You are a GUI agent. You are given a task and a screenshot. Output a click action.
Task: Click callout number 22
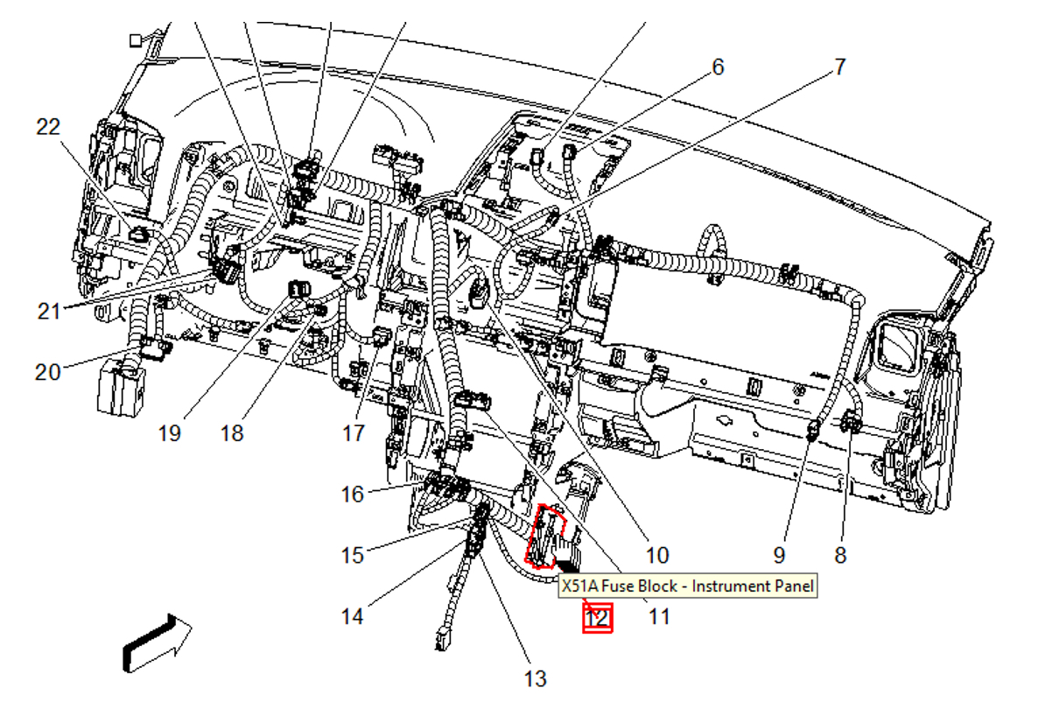click(48, 127)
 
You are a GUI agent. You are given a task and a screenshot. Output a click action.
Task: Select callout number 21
click(49, 310)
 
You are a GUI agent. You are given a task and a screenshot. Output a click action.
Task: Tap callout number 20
click(48, 372)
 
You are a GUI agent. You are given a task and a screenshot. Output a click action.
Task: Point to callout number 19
click(169, 432)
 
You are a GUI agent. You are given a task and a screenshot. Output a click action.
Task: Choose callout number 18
click(232, 432)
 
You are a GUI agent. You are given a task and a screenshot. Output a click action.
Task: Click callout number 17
click(353, 432)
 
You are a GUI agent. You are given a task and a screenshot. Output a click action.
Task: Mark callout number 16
click(352, 495)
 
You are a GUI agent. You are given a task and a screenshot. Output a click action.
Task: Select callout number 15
click(352, 556)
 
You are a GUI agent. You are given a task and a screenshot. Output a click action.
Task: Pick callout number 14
click(352, 617)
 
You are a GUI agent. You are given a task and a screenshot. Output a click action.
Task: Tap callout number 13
click(535, 678)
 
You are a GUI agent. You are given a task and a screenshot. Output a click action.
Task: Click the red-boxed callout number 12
click(597, 618)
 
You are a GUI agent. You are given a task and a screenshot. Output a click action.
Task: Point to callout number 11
click(659, 617)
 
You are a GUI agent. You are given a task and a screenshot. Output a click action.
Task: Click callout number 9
click(779, 555)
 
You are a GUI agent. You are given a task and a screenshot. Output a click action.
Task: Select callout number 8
click(840, 555)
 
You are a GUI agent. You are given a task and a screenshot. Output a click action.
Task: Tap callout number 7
click(839, 67)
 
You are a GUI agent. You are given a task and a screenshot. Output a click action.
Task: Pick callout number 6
click(718, 67)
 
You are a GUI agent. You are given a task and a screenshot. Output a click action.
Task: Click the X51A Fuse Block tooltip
click(687, 586)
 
